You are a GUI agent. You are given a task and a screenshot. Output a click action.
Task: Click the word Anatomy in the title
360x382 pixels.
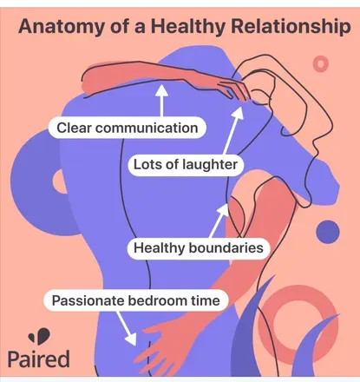[61, 27]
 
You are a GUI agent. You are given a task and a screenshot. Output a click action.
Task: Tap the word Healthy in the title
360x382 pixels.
[187, 27]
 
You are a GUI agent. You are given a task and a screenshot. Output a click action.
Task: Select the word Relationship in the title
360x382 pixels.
[291, 27]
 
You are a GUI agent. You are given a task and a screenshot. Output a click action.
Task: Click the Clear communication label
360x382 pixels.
[128, 128]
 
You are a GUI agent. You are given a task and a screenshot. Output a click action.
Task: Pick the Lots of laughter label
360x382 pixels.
[186, 165]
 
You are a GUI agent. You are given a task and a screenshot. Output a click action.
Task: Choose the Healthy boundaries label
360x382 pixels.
[199, 248]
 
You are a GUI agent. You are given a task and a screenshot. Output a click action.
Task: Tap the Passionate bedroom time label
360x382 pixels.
[136, 300]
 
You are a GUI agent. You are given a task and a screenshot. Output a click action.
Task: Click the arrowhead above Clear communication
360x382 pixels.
[161, 90]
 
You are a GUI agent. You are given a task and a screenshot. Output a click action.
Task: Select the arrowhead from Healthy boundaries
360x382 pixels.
[224, 210]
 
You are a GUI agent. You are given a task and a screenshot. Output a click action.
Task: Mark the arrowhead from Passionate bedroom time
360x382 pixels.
[131, 339]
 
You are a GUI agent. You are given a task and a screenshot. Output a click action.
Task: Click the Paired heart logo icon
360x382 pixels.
[39, 336]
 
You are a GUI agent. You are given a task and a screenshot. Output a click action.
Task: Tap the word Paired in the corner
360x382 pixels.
[38, 359]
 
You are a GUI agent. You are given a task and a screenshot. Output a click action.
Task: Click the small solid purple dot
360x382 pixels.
[328, 232]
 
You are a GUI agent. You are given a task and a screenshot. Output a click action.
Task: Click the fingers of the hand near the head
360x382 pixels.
[234, 89]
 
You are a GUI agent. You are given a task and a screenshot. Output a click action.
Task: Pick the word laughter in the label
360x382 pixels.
[210, 165]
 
